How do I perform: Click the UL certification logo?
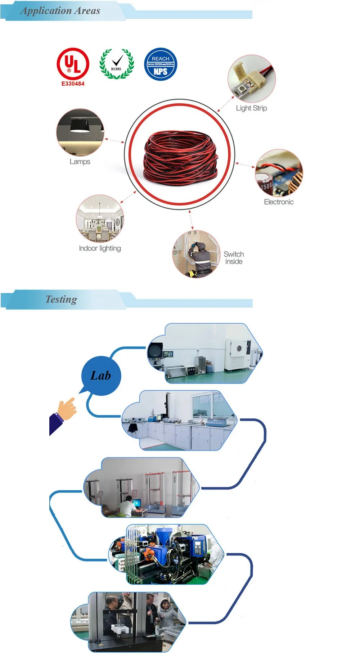pyautogui.click(x=73, y=64)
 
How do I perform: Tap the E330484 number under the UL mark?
pyautogui.click(x=73, y=84)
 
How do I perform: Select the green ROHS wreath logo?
pyautogui.click(x=116, y=64)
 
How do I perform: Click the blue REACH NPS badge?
pyautogui.click(x=160, y=64)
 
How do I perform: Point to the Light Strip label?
pyautogui.click(x=251, y=108)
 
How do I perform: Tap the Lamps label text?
pyautogui.click(x=80, y=162)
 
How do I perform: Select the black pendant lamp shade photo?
pyautogui.click(x=80, y=126)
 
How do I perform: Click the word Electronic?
pyautogui.click(x=279, y=202)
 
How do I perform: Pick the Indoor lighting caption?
pyautogui.click(x=100, y=248)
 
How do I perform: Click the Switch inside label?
pyautogui.click(x=234, y=258)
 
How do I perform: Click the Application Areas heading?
pyautogui.click(x=60, y=11)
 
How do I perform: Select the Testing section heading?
pyautogui.click(x=61, y=300)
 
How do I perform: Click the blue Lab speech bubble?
pyautogui.click(x=100, y=376)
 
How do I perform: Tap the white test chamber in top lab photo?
pyautogui.click(x=236, y=355)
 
